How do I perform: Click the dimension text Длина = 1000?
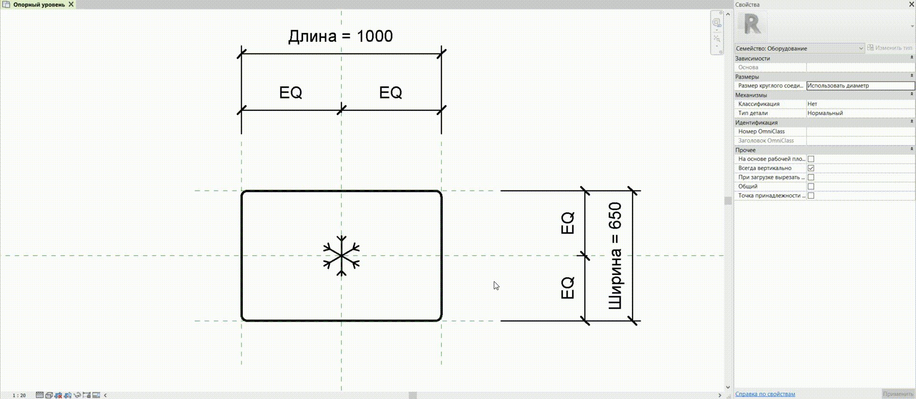(341, 36)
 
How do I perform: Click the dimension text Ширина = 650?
(615, 256)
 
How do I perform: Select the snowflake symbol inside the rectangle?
(342, 256)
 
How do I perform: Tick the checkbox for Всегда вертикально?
(811, 168)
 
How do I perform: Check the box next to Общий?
(811, 187)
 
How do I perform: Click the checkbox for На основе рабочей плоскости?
(811, 159)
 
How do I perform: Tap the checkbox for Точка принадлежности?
(811, 196)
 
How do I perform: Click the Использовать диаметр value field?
(860, 86)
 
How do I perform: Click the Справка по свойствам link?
(765, 394)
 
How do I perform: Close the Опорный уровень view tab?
(71, 4)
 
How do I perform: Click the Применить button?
(898, 394)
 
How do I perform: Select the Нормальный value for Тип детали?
(825, 113)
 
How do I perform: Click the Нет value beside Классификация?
(812, 104)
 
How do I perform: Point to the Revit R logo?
(752, 24)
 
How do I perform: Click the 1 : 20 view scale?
(19, 395)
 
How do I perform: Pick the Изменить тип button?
(890, 48)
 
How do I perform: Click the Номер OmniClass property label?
(761, 131)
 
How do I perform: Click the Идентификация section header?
(756, 123)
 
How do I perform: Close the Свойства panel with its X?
(911, 4)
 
